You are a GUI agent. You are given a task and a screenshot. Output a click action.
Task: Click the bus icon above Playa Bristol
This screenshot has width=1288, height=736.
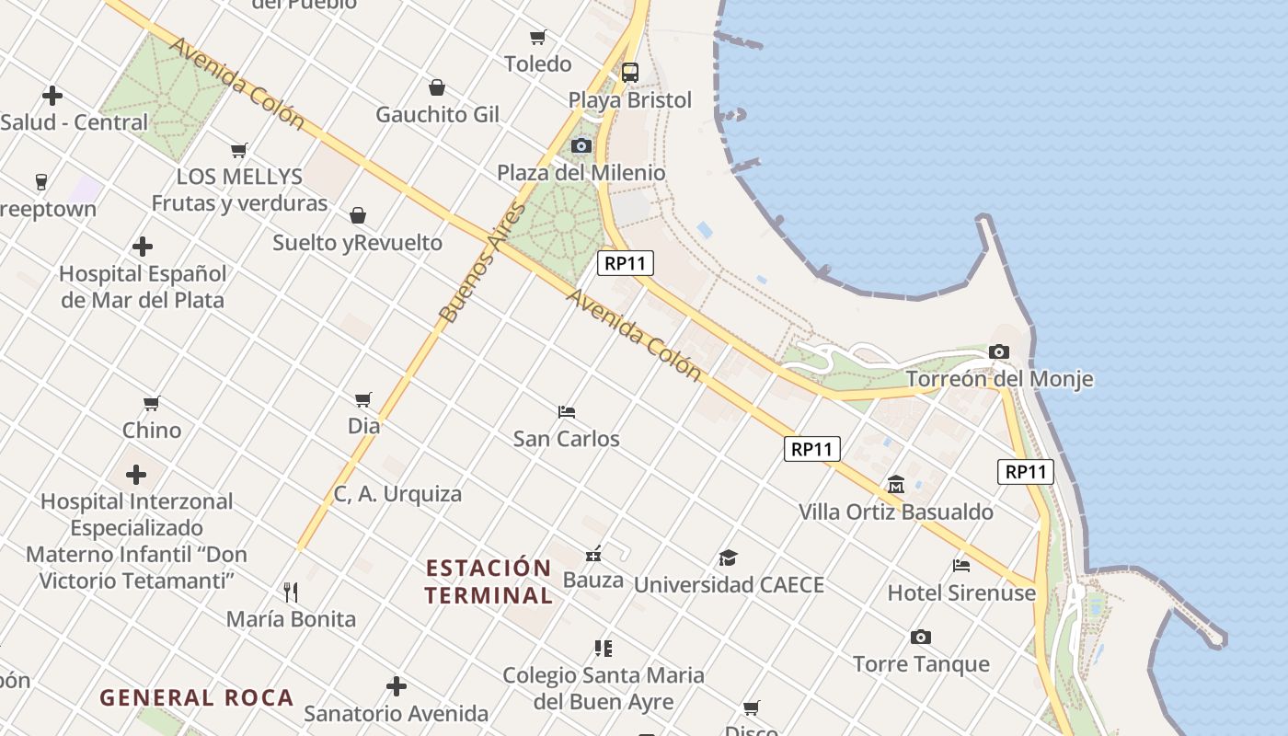(630, 73)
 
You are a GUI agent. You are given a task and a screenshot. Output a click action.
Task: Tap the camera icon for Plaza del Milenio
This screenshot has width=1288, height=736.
(581, 145)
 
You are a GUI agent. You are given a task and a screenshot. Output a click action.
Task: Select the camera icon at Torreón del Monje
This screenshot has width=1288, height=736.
(999, 351)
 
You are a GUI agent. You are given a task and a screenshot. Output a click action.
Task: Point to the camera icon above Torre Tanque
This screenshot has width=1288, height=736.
(920, 637)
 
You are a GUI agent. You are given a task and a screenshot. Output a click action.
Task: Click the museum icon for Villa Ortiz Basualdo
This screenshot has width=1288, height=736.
(896, 484)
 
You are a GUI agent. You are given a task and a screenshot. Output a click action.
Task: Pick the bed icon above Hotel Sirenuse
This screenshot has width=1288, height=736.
(961, 566)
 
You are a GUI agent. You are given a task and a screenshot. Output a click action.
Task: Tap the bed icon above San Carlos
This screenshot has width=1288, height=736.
(567, 411)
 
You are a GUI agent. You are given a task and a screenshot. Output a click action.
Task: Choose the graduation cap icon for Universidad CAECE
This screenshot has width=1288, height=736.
(728, 558)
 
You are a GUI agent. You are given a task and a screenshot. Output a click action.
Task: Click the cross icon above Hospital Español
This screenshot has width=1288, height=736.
(143, 247)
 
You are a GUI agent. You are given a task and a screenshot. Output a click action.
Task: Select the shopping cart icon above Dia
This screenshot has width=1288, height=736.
(363, 399)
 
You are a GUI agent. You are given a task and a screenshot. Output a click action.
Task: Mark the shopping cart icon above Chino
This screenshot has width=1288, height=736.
(152, 403)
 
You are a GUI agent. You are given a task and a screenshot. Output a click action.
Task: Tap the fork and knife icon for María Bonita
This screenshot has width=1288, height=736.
(291, 592)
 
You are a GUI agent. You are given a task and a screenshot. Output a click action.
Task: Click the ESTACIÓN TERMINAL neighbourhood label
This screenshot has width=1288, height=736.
(489, 581)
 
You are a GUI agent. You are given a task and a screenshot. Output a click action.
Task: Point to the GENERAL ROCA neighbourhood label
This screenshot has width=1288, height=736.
(196, 697)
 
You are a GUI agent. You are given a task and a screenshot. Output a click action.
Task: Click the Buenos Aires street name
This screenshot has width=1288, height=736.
(484, 263)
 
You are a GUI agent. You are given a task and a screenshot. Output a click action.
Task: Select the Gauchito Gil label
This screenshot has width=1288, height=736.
(438, 115)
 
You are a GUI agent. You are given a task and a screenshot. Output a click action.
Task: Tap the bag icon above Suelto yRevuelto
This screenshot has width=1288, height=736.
(358, 215)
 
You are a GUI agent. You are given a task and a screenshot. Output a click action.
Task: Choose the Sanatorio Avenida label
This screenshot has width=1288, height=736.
(397, 713)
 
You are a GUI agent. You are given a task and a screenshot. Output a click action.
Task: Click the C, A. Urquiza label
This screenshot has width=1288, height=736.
(397, 494)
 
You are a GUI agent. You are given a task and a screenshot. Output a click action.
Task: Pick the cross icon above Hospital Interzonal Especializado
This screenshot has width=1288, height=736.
(136, 475)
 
